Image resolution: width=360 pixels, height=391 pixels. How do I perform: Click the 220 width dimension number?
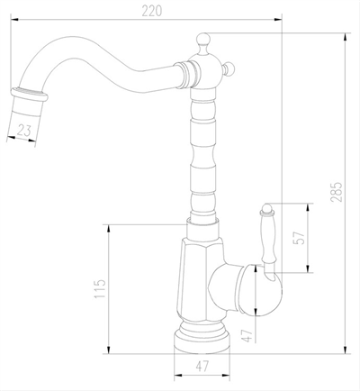151,11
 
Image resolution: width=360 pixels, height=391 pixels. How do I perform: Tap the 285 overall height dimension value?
337,192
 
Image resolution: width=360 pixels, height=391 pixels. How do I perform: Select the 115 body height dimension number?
100,288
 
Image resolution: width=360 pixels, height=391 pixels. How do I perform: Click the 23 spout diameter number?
24,131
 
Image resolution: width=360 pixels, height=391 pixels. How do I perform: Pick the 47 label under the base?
202,366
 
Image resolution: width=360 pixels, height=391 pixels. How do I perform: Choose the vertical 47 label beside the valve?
248,335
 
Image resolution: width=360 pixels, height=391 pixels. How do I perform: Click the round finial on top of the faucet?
203,39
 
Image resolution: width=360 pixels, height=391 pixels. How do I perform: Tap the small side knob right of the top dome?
229,68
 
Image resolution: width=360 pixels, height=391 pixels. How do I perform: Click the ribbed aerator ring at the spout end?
30,95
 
